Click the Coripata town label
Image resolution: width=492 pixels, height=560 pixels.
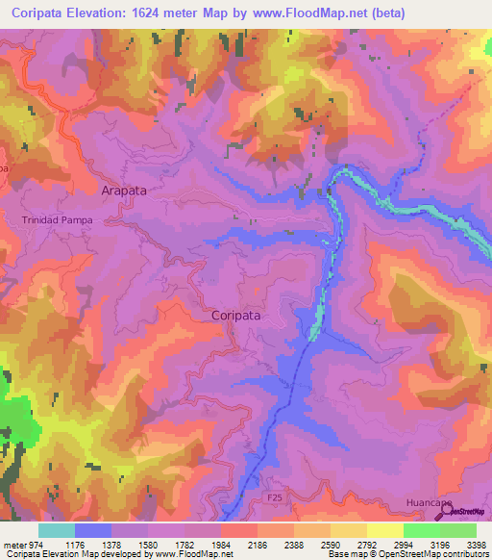coord(235,315)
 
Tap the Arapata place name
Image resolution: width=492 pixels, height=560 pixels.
coord(124,191)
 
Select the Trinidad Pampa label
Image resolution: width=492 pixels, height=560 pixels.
coord(55,219)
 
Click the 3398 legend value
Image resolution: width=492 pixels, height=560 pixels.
coord(477,543)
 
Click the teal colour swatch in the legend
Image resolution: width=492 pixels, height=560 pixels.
coord(57,530)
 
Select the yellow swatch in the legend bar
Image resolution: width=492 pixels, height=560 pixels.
coord(384,530)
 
